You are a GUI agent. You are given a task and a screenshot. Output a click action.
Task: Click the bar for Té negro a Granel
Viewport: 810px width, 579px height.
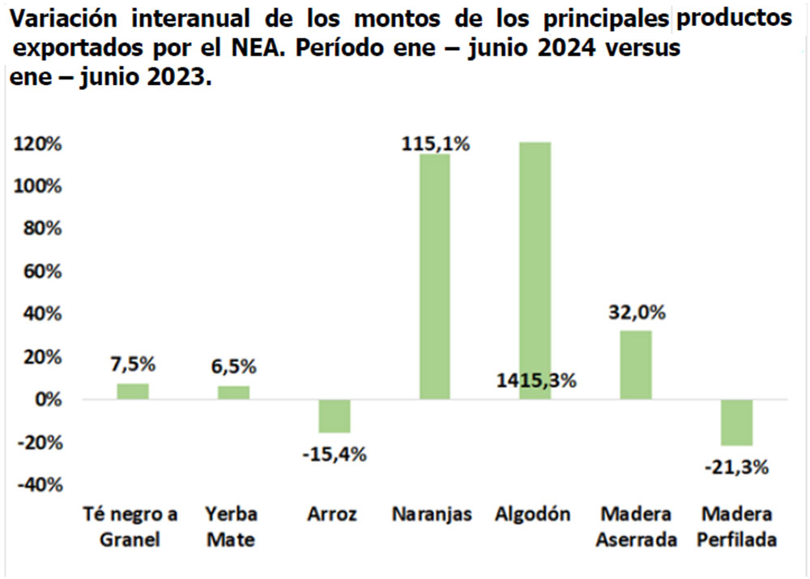[x=133, y=391]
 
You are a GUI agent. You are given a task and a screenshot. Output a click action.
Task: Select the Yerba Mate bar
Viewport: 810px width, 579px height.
[x=233, y=393]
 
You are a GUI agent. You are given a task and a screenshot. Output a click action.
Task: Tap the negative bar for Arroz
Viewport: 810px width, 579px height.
[x=334, y=416]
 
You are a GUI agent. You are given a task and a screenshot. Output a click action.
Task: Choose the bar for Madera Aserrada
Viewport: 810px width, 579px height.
[x=636, y=364]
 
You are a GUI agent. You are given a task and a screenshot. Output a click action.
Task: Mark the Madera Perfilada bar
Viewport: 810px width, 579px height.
[x=736, y=422]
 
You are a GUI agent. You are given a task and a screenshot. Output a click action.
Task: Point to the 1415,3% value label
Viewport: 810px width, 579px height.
[x=535, y=381]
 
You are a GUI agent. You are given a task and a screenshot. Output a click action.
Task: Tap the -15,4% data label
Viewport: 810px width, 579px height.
[x=335, y=453]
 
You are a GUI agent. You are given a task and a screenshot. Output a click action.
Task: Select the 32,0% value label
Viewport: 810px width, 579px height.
[x=637, y=313]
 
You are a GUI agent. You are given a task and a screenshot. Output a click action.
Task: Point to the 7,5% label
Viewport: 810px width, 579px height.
[x=134, y=364]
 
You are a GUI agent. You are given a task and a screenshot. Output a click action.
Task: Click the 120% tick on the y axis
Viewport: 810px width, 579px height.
[x=37, y=144]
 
